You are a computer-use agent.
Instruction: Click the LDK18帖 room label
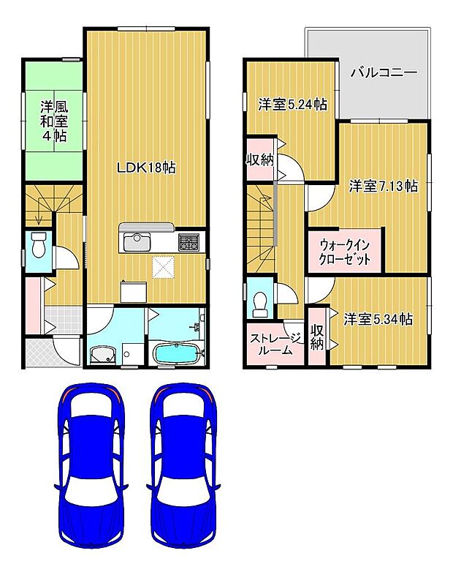[147, 168]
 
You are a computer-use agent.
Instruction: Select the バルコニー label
[383, 73]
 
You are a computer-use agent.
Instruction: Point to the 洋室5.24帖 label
[292, 105]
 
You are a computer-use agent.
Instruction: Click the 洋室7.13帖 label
[382, 186]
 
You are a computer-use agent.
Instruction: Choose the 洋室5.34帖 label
[378, 319]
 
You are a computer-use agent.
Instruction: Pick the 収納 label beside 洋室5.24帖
[259, 160]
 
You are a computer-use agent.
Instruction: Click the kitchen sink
[137, 241]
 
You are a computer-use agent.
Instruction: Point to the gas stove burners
[189, 241]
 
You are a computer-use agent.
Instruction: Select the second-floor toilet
[259, 301]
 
